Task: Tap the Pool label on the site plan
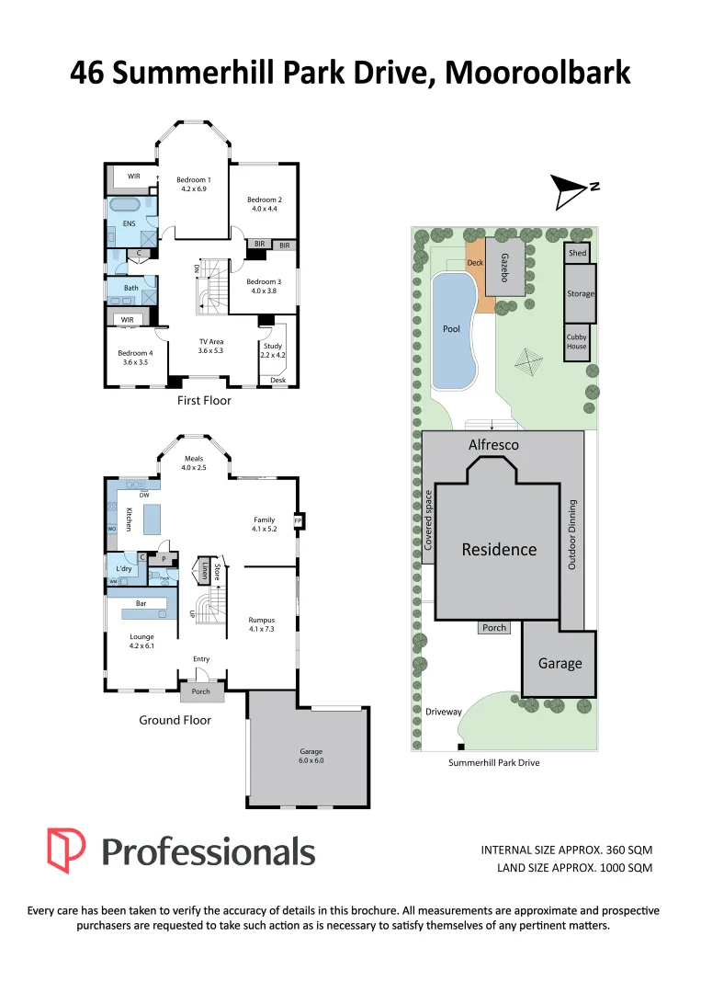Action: tap(451, 328)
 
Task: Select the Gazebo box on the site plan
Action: tap(504, 268)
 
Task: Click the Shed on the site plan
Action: tap(577, 253)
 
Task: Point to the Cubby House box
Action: tap(576, 341)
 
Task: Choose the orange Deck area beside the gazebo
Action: tap(475, 263)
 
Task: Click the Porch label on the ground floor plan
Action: tap(201, 691)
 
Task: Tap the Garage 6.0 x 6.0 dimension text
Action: tap(311, 756)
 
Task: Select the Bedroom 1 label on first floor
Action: tap(194, 184)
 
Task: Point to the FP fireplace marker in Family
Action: tap(298, 521)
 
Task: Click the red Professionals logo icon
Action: tap(66, 850)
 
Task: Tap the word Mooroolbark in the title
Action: tap(537, 73)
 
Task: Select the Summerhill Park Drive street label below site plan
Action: tap(493, 763)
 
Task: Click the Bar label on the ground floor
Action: tap(141, 603)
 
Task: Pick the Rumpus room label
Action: tap(262, 624)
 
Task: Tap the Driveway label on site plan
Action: tap(444, 712)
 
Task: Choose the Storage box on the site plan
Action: tap(581, 293)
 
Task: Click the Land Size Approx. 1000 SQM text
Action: tap(574, 867)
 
